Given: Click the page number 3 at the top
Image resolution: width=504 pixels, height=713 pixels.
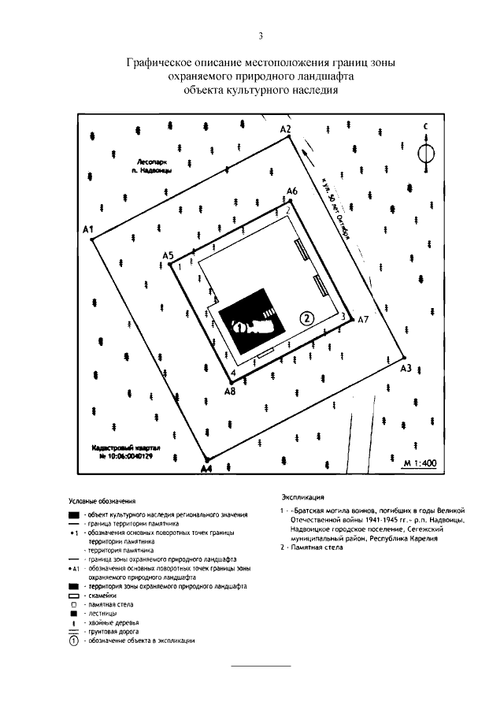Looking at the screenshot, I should pyautogui.click(x=259, y=35).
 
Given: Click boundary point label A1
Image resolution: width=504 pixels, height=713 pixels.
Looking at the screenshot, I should pyautogui.click(x=88, y=229).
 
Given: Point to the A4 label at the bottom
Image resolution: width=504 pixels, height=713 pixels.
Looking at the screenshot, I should pyautogui.click(x=206, y=469).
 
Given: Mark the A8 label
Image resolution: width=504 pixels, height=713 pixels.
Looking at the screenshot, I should pyautogui.click(x=229, y=390).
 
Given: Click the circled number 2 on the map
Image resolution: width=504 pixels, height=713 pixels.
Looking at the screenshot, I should pyautogui.click(x=308, y=317).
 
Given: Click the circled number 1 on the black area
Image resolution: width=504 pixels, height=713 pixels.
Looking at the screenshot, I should pyautogui.click(x=239, y=325).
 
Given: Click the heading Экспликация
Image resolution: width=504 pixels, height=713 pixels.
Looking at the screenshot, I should pyautogui.click(x=302, y=498).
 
